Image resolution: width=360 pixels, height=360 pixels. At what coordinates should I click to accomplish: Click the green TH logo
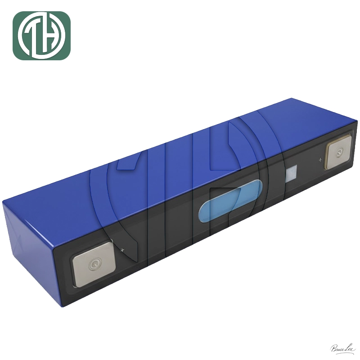tap(41, 36)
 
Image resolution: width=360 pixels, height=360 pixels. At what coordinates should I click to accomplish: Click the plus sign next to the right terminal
tap(320, 159)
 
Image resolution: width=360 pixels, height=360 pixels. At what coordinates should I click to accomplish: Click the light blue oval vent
tap(229, 205)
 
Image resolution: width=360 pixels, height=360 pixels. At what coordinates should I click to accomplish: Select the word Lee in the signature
tap(350, 347)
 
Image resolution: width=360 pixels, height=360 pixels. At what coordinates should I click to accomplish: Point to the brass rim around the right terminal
tap(327, 153)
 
